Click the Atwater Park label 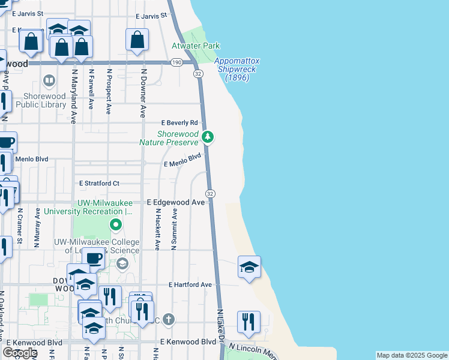click(196, 46)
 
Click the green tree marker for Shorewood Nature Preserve click(208, 137)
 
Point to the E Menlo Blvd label click(182, 160)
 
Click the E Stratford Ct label click(99, 183)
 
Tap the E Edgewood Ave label click(176, 203)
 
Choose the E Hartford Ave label click(190, 284)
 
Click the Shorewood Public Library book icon click(49, 80)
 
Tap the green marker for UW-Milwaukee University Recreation click(116, 226)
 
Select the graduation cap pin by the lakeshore click(249, 267)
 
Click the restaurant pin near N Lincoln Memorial click(248, 322)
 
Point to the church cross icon click(169, 319)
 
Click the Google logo click(20, 353)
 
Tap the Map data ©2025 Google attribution click(412, 355)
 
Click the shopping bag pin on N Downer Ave click(137, 40)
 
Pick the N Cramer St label click(20, 226)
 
